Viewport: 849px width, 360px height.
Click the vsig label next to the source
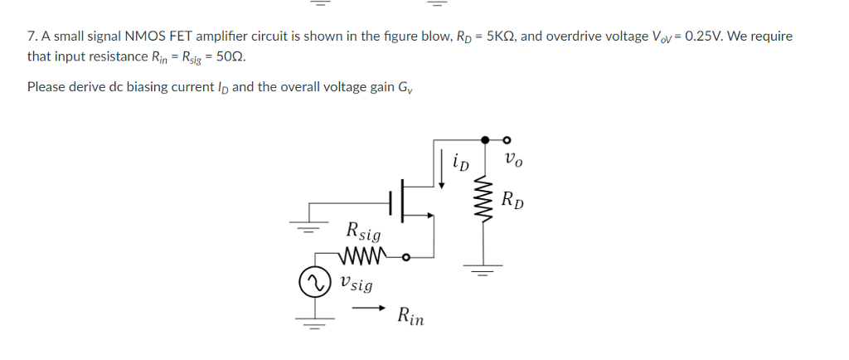click(x=355, y=284)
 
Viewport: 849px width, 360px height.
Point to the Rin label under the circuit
click(x=410, y=316)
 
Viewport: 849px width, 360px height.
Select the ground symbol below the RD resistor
click(x=478, y=270)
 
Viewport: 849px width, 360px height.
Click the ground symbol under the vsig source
click(x=313, y=321)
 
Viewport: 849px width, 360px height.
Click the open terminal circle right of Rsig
click(x=405, y=256)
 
